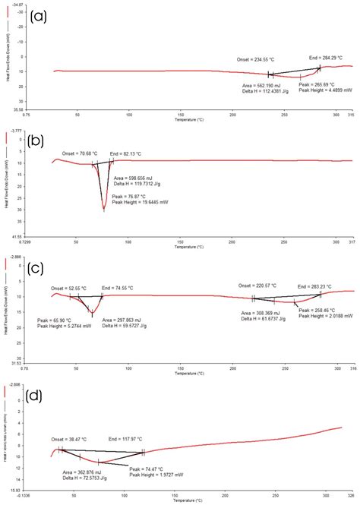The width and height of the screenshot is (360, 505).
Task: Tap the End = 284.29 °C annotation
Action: coord(326,57)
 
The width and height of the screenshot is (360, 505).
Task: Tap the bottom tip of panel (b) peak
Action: coord(104,210)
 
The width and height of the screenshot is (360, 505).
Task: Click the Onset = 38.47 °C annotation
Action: coord(68,439)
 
